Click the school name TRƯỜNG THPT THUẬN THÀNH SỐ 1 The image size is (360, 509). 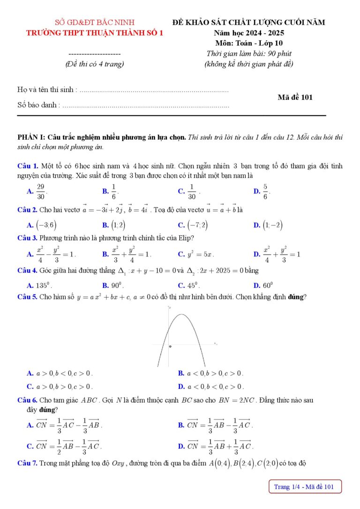(95, 33)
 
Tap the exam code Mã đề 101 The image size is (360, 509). (295, 97)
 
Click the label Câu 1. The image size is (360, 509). (27, 166)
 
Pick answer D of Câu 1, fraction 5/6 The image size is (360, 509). (266, 191)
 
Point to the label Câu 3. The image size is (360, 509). (27, 238)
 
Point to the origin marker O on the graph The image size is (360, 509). (170, 346)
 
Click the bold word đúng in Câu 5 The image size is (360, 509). (296, 297)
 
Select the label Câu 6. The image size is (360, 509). (27, 400)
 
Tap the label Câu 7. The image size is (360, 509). (27, 464)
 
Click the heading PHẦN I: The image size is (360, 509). (31, 137)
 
